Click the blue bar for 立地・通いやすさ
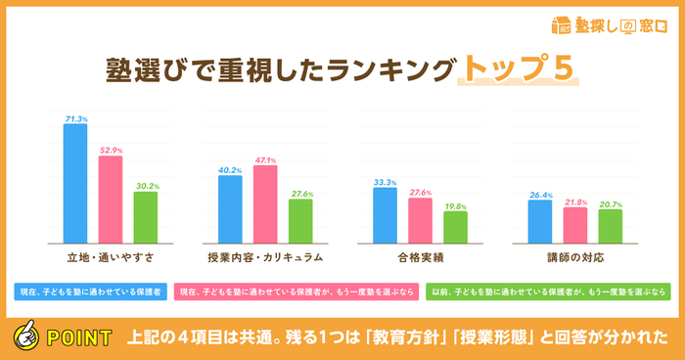pyautogui.click(x=75, y=183)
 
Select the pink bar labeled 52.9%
pyautogui.click(x=111, y=200)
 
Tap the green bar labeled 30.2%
pyautogui.click(x=146, y=217)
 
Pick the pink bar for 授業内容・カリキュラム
pyautogui.click(x=265, y=203)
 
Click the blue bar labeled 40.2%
pyautogui.click(x=230, y=209)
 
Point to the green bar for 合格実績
pyautogui.click(x=455, y=227)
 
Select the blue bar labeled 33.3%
pyautogui.click(x=385, y=215)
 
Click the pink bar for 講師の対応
pyautogui.click(x=575, y=225)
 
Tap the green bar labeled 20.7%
pyautogui.click(x=611, y=226)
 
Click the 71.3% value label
pyautogui.click(x=76, y=118)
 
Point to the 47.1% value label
pyautogui.click(x=265, y=159)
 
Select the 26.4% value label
pyautogui.click(x=540, y=194)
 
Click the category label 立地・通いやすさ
pyautogui.click(x=111, y=257)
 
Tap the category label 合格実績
pyautogui.click(x=420, y=257)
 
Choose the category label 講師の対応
pyautogui.click(x=575, y=257)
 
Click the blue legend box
pyautogui.click(x=89, y=291)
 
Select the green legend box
pyautogui.click(x=548, y=291)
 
